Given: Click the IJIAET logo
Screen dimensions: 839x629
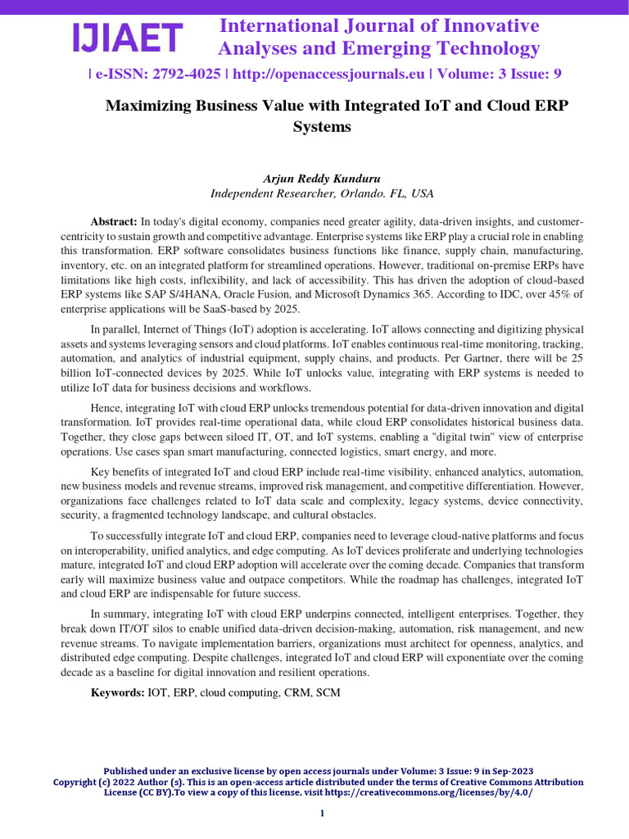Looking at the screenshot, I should pos(127,38).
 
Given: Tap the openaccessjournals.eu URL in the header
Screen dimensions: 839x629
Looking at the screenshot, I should pos(328,74).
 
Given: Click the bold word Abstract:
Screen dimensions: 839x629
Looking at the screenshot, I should pos(114,222).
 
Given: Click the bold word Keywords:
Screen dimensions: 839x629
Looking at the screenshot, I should pos(117,693).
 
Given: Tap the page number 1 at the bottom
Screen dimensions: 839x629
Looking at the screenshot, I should pos(322,813).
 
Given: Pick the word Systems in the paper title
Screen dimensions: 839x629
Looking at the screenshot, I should pos(322,127).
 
